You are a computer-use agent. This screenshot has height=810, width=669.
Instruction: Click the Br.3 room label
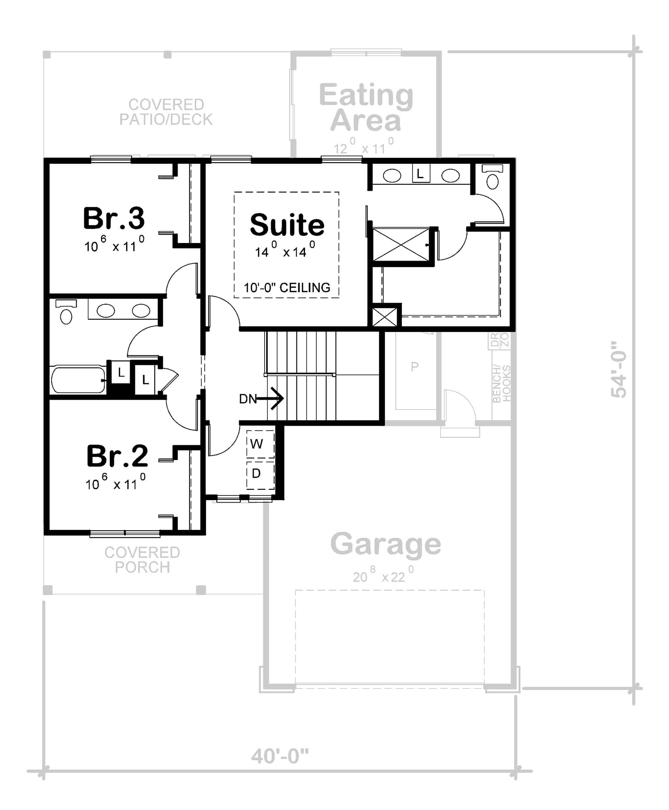[114, 218]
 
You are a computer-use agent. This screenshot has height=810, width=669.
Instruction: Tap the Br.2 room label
[117, 456]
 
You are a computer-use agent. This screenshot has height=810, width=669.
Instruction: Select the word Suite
[287, 225]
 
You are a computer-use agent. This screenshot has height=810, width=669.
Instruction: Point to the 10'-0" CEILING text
[287, 288]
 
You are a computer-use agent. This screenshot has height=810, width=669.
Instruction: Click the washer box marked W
[260, 444]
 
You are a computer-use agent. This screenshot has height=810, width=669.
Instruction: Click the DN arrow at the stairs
[262, 398]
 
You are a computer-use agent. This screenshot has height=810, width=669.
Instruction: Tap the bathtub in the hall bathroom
[78, 380]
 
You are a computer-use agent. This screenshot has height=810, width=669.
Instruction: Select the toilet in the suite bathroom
[492, 177]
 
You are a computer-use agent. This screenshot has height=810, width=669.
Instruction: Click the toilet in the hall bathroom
[66, 312]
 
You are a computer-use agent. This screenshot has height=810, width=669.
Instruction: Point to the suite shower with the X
[401, 245]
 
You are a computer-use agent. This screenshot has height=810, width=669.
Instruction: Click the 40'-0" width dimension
[280, 756]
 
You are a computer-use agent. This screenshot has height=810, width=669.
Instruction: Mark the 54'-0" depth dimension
[619, 369]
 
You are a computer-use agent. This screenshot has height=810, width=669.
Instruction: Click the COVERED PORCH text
[142, 560]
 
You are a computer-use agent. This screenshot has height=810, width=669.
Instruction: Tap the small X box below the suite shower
[385, 317]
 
